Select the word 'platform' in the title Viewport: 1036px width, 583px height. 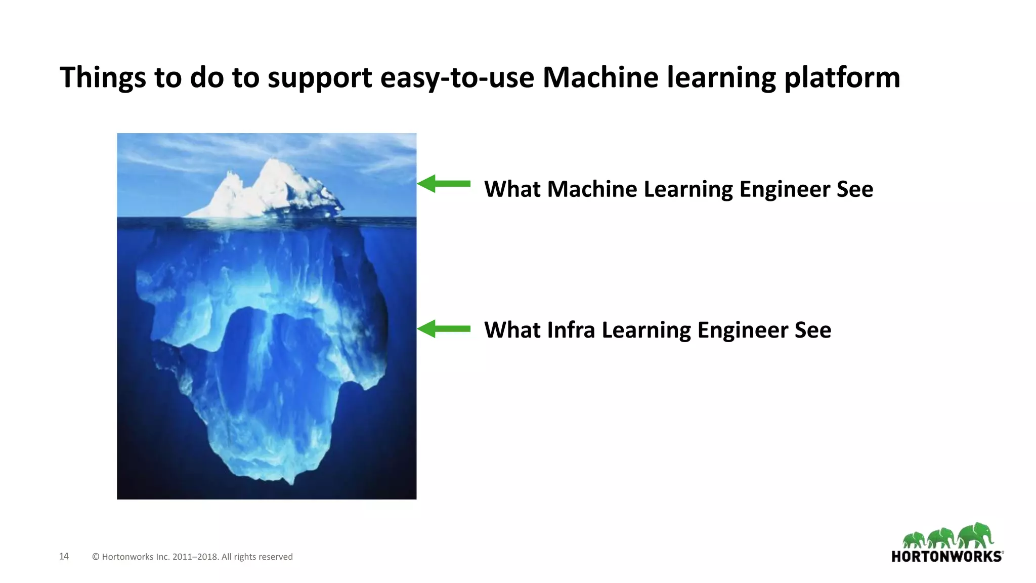842,78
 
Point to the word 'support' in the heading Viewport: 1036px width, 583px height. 320,79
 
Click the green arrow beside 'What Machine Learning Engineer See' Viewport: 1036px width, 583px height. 444,184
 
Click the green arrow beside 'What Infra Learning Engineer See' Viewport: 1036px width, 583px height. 444,329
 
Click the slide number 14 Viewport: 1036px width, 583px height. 64,556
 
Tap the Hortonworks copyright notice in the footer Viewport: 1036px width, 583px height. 192,557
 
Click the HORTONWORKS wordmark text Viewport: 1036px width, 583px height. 946,557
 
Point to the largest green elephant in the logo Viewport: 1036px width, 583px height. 976,535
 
